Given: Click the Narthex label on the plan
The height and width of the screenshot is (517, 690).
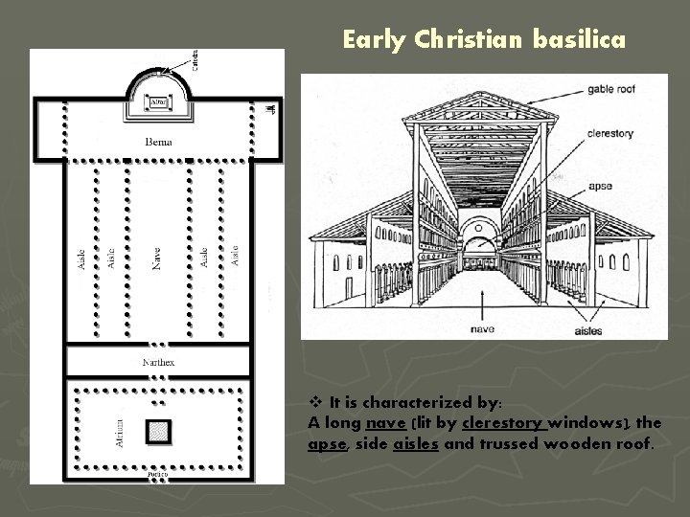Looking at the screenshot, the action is pos(158,363).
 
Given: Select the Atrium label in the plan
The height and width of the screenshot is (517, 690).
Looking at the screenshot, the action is pos(119,432).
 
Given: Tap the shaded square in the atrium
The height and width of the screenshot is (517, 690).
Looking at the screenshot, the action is pos(157,432).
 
